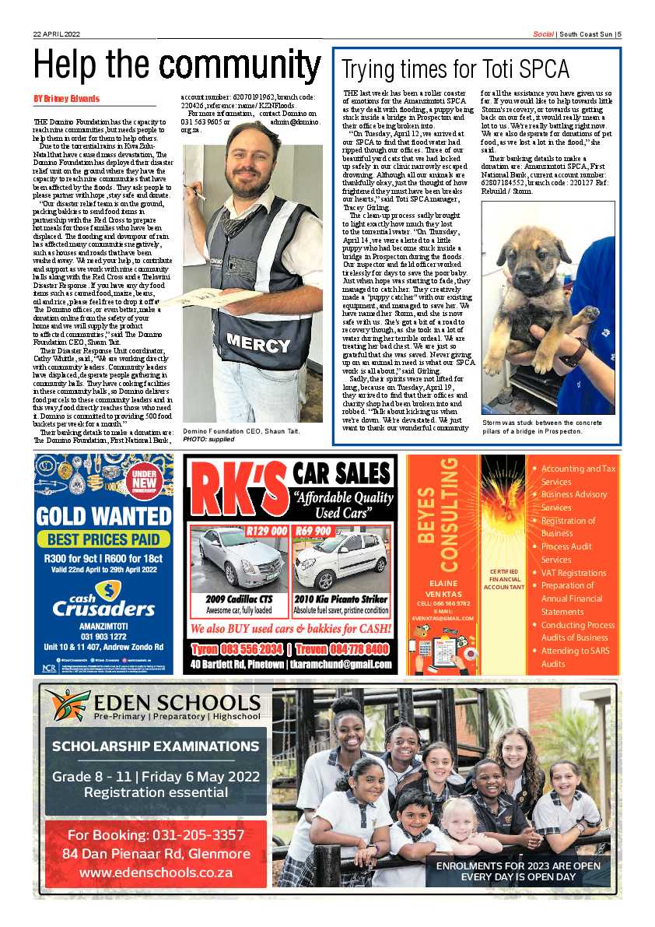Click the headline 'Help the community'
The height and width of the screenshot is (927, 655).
click(177, 65)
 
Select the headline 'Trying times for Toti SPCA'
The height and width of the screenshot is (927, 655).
click(455, 70)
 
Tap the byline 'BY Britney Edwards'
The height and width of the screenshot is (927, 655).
click(66, 99)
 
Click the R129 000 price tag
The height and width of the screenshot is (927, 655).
click(266, 532)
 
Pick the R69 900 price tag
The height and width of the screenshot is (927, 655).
click(314, 532)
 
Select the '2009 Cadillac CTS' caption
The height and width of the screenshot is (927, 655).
click(239, 599)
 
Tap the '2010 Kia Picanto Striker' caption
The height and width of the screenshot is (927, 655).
click(341, 599)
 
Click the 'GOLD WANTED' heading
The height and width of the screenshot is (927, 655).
click(103, 516)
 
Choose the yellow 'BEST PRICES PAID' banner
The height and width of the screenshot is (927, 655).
click(103, 539)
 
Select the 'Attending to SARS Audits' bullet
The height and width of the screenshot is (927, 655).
click(576, 657)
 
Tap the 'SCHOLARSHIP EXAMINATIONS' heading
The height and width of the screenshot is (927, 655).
click(156, 746)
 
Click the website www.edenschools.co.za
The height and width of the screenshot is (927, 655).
click(156, 873)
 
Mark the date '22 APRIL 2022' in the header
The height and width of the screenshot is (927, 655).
click(57, 33)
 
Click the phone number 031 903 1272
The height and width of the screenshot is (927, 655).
click(103, 636)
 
